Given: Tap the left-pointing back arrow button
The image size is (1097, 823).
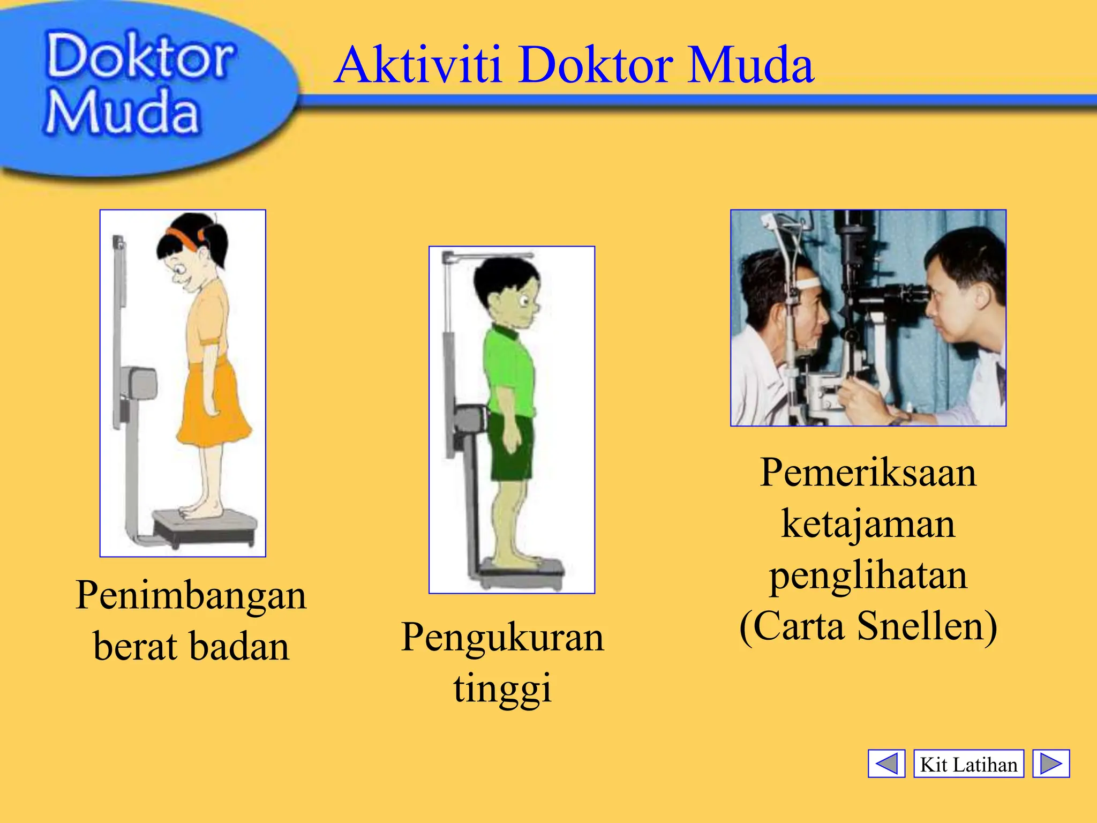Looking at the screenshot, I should [x=886, y=763].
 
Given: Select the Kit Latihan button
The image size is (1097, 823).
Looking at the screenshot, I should [x=968, y=764].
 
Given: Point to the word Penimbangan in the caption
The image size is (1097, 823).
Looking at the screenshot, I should [x=191, y=596].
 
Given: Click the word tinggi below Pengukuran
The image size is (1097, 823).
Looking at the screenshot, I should [x=502, y=689].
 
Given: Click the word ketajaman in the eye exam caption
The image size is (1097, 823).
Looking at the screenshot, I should [x=868, y=523].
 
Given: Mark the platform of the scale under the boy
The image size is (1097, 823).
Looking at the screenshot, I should [x=522, y=568].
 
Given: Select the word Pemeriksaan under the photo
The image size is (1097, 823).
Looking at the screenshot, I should [x=868, y=473].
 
